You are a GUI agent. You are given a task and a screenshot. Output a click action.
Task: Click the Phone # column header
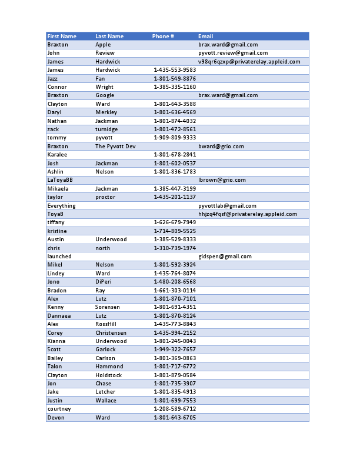coord(163,36)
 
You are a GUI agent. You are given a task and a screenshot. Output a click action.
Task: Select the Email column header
coord(205,36)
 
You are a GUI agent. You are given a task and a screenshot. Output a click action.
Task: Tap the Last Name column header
coord(109,36)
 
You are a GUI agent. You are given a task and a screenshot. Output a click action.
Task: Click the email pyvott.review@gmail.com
coord(233,53)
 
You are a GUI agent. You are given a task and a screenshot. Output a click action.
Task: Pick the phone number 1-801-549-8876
coord(175,78)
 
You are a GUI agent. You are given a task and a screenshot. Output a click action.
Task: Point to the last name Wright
coord(104,87)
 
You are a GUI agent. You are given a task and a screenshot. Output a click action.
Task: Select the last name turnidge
coord(106,129)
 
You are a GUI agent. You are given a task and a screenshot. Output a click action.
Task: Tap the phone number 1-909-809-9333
coord(175,138)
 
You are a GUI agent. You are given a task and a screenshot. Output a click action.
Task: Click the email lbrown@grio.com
coord(222,180)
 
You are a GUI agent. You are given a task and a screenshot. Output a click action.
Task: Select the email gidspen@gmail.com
coord(225,257)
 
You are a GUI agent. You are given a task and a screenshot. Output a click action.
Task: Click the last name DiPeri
coord(104,282)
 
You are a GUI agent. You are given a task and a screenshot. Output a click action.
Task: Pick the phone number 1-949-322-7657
coord(175,349)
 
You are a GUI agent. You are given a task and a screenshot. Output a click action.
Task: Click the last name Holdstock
coord(109,375)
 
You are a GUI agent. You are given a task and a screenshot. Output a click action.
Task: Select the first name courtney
coord(59,409)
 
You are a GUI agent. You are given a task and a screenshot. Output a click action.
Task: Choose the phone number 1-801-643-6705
coord(175,418)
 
